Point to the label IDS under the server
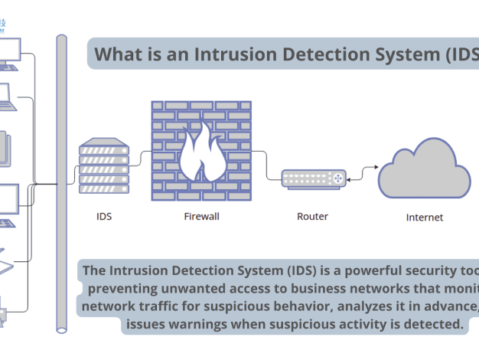[x=104, y=216]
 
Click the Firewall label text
[x=202, y=216]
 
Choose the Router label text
[x=312, y=216]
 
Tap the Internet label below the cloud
[x=424, y=218]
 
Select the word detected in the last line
[x=436, y=325]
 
